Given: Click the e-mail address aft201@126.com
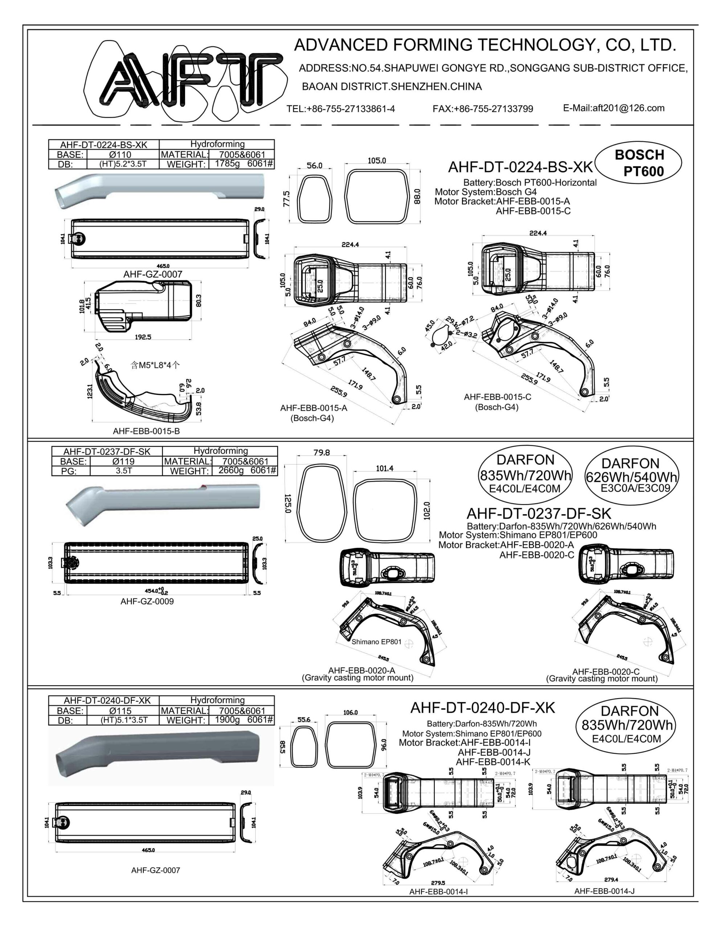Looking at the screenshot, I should (x=613, y=108).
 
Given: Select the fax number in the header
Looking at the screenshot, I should (x=482, y=109).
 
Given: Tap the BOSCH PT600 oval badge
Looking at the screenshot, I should (x=638, y=163).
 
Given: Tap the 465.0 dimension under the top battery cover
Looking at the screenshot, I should (x=163, y=266).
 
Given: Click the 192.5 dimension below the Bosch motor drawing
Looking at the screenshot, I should (x=143, y=337).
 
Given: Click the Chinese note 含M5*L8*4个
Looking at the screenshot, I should (x=155, y=365).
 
